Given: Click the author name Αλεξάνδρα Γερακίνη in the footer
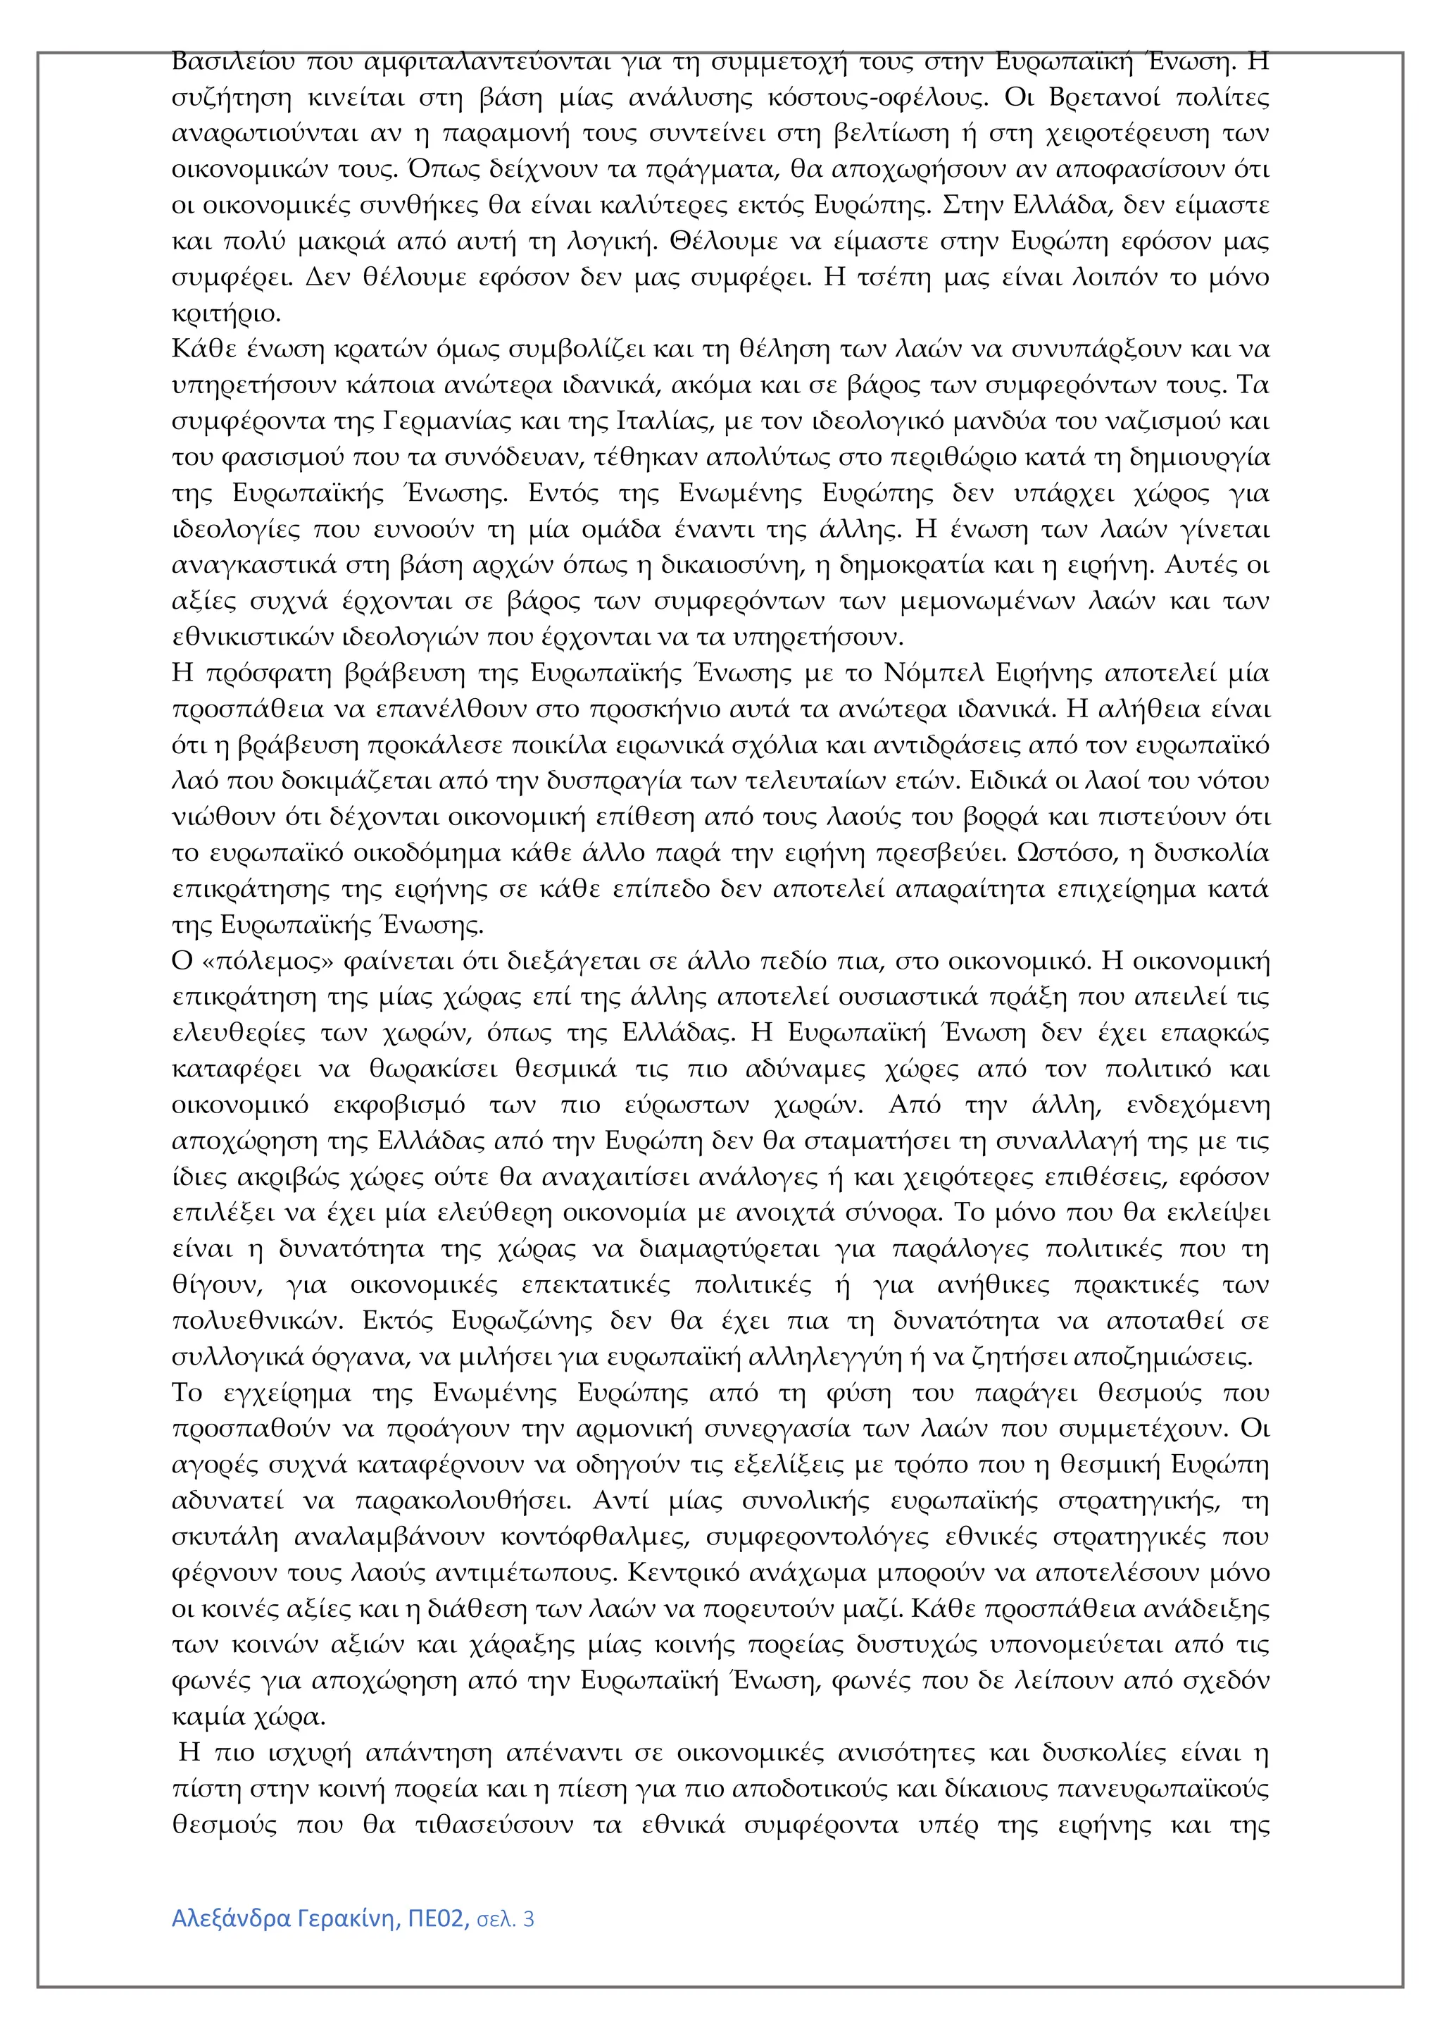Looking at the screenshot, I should [284, 1919].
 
